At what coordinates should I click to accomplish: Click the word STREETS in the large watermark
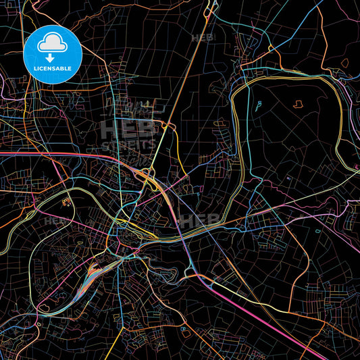pyautogui.click(x=128, y=145)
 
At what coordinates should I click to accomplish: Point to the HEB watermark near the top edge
pyautogui.click(x=202, y=38)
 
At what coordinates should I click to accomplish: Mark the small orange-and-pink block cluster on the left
pyautogui.click(x=66, y=201)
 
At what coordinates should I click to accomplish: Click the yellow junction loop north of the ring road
pyautogui.click(x=271, y=48)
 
